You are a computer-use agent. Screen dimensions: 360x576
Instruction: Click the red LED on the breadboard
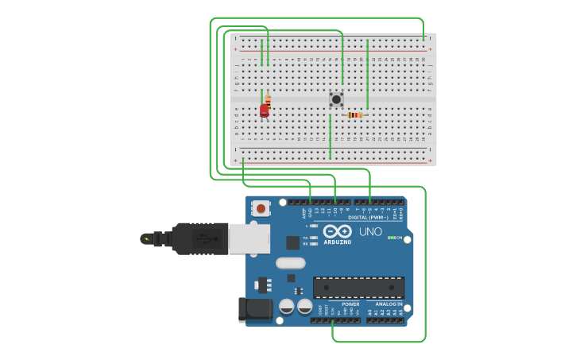265,110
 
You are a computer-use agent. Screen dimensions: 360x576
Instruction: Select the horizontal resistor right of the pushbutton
355,115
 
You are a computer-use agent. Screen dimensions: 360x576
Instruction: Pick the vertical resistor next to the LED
268,101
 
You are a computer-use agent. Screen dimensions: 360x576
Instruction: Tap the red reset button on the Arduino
260,208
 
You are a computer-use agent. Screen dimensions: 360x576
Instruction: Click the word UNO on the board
370,232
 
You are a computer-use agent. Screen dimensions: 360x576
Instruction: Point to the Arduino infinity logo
337,231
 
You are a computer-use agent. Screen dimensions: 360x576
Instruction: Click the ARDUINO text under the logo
337,242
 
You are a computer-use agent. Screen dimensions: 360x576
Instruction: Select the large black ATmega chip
358,287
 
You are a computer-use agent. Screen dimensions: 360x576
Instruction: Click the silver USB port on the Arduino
249,238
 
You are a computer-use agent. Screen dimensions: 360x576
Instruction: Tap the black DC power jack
254,308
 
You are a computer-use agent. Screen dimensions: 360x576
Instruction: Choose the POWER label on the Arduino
350,304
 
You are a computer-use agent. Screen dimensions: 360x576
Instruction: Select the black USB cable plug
199,238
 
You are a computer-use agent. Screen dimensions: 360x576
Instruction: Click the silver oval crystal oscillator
290,263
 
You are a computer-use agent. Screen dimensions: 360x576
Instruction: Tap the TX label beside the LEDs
306,237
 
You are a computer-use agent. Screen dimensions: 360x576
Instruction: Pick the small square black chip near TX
293,242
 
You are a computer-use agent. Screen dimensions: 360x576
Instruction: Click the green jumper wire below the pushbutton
331,136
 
